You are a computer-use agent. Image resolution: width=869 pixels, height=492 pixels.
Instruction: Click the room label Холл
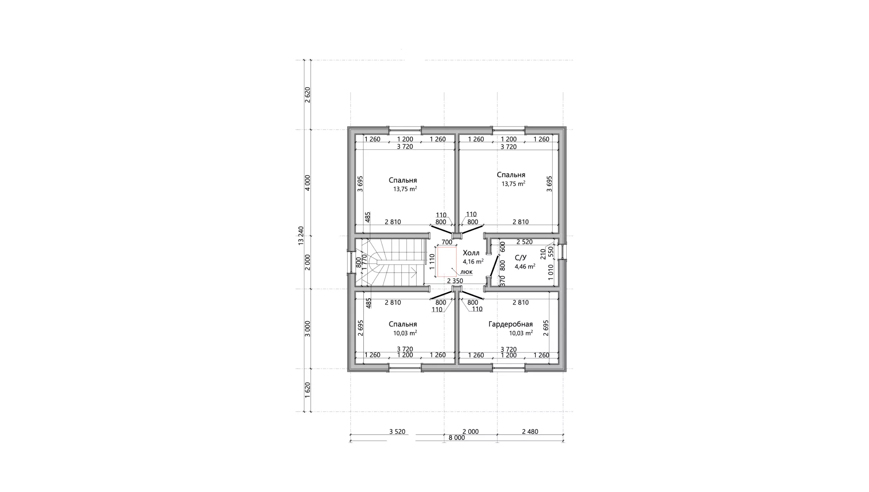coord(471,253)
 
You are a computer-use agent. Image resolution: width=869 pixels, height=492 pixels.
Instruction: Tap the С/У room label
coord(521,258)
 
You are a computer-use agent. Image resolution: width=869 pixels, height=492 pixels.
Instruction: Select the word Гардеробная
coord(510,324)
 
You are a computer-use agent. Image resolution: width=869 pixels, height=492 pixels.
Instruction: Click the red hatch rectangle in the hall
coord(446,261)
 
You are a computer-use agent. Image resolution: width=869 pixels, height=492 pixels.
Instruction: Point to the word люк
coord(466,272)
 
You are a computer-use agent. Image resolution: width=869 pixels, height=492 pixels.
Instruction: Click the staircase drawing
coord(391,262)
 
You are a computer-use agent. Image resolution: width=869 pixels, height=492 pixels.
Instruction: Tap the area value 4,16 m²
coord(473,261)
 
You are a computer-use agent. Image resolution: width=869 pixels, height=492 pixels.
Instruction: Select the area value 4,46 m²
coord(525,266)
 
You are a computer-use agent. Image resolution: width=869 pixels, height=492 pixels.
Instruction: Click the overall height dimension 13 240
coord(301,235)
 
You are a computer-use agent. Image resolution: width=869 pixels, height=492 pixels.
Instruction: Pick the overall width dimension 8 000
coord(456,438)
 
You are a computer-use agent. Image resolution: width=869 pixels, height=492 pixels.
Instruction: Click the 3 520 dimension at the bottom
coord(397,431)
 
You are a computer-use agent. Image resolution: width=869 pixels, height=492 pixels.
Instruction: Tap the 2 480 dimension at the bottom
coord(530,431)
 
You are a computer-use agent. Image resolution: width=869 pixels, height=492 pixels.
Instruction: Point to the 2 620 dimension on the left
coord(307,95)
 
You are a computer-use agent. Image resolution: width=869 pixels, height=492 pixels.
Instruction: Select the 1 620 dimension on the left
coord(307,390)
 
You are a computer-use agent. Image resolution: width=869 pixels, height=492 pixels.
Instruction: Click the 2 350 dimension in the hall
coord(455,281)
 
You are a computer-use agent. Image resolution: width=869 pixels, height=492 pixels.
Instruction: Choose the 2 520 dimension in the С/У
coord(524,242)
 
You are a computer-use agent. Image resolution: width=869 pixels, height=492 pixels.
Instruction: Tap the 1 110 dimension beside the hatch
coord(432,262)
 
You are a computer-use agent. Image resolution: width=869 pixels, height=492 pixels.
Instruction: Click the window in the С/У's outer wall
coord(564,252)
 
